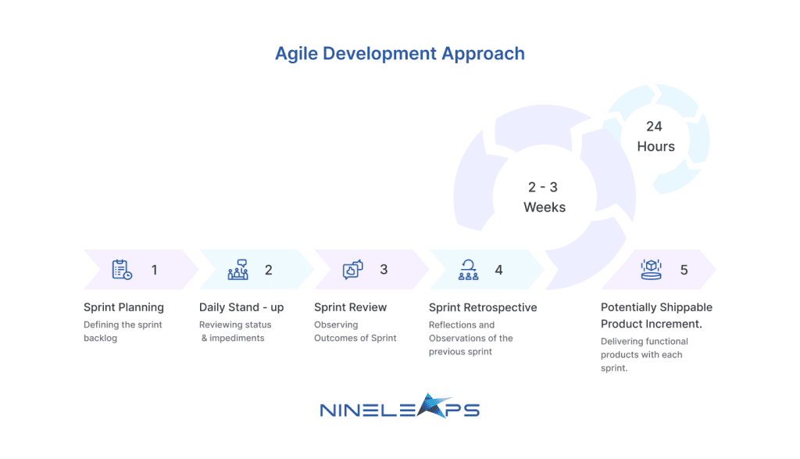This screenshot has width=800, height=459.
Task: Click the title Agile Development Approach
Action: (400, 54)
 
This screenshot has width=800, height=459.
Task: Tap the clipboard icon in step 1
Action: (122, 270)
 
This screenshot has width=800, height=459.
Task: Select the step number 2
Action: (269, 270)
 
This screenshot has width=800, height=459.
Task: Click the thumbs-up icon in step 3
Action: (352, 270)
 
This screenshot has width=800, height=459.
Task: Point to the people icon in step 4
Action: (469, 270)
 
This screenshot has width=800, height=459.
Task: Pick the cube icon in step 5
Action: (651, 270)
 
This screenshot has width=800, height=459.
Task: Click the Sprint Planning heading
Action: (123, 307)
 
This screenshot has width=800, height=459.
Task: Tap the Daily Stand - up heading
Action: (241, 307)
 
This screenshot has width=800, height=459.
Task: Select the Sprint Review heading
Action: (351, 307)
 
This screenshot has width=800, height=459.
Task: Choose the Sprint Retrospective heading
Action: (483, 307)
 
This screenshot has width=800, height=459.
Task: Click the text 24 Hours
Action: (655, 136)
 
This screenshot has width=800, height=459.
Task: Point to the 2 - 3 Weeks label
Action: (545, 197)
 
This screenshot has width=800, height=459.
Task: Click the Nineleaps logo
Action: (399, 406)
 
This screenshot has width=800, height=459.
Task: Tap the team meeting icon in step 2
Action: (237, 270)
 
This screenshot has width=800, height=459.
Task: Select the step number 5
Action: (684, 270)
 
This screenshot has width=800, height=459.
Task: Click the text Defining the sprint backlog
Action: (123, 332)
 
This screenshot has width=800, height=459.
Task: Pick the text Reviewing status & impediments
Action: (235, 332)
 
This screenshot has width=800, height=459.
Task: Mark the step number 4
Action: (498, 270)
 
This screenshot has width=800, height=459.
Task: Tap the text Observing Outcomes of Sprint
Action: (355, 332)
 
